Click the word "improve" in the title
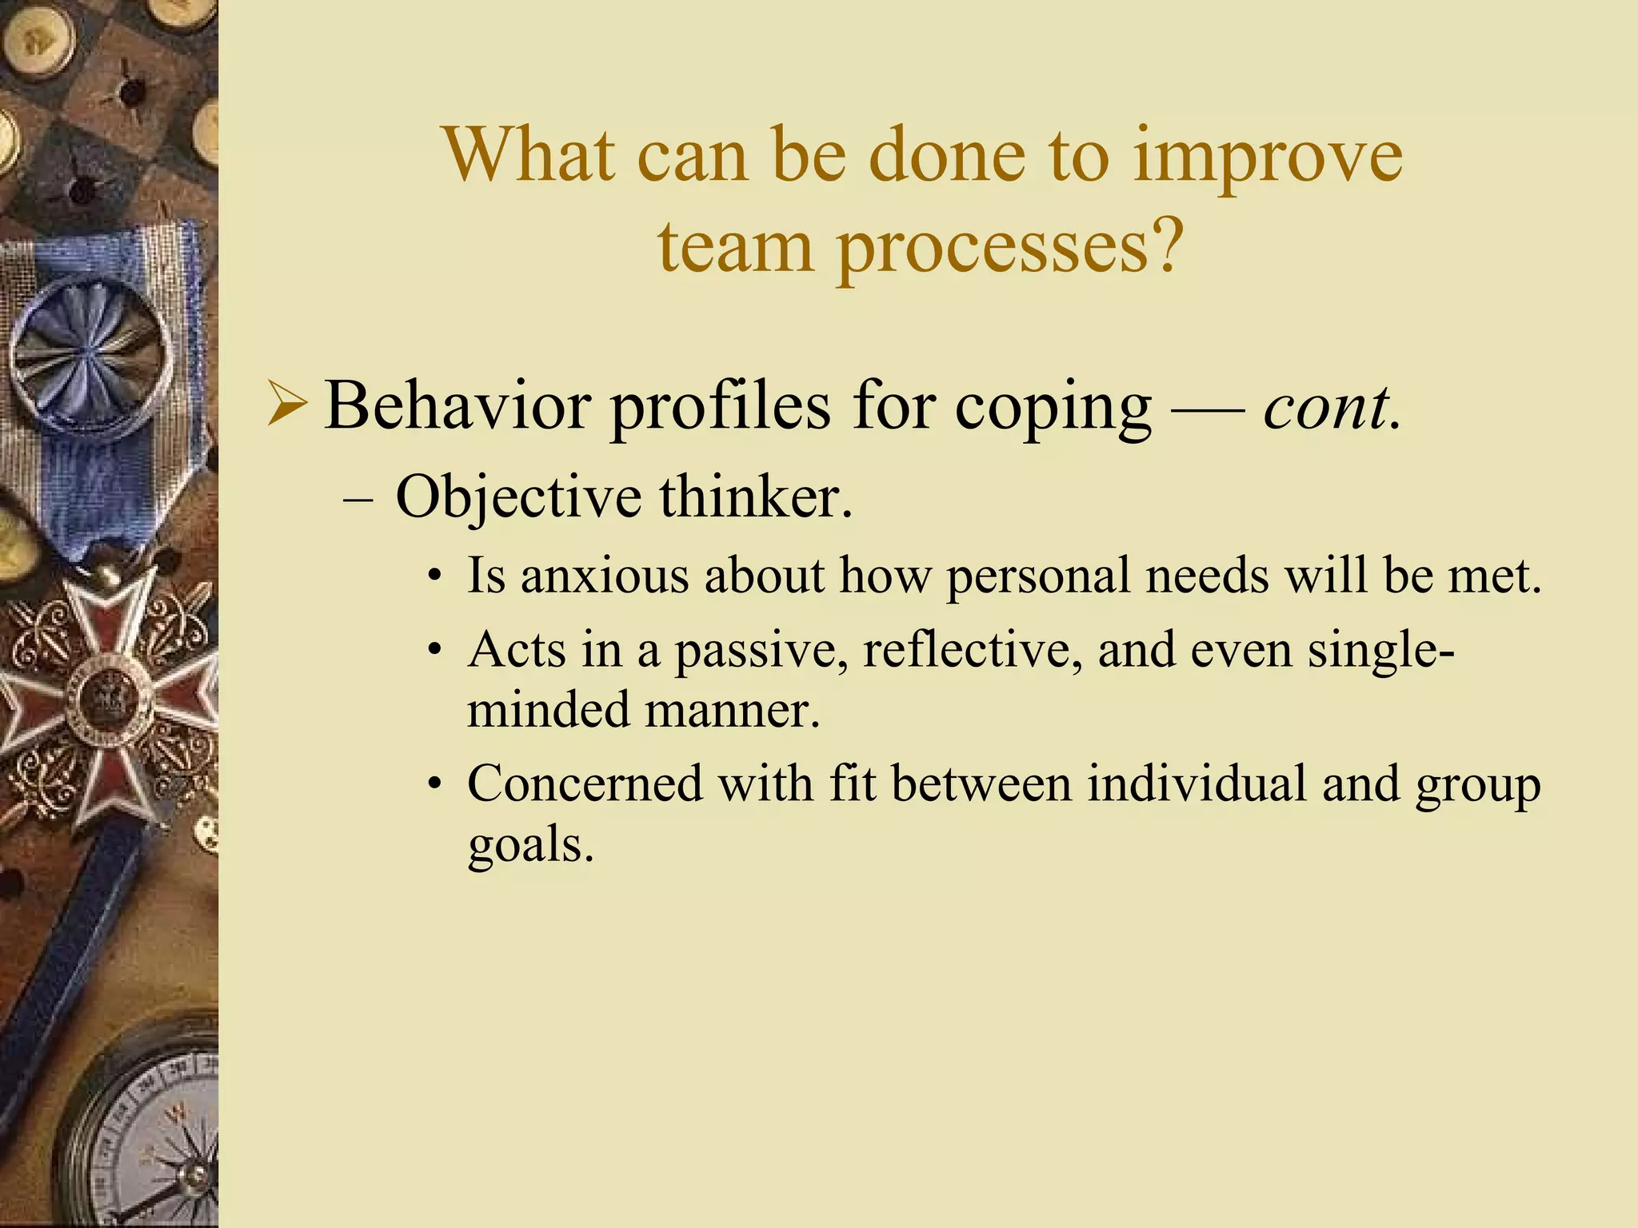point(1267,157)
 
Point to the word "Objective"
point(517,497)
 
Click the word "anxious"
point(604,575)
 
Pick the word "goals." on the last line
point(530,845)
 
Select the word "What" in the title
point(529,155)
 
